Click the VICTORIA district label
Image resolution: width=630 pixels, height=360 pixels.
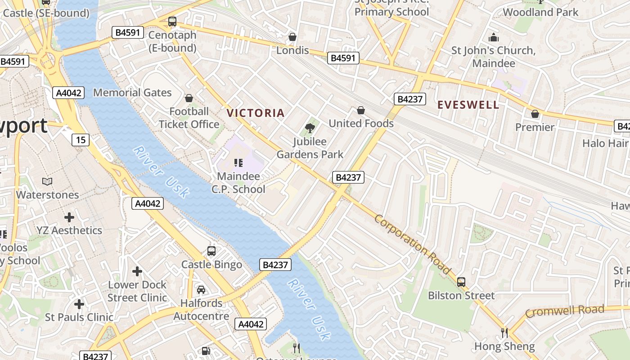[256, 113]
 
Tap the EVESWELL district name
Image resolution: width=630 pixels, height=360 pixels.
[468, 105]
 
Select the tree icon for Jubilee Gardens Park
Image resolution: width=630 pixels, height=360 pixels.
[310, 128]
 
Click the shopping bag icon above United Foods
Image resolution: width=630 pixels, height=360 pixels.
[360, 110]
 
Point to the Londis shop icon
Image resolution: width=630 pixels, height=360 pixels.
[292, 37]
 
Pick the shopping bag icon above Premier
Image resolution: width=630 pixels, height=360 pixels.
[535, 114]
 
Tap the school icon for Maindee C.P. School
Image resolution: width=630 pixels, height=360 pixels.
[238, 163]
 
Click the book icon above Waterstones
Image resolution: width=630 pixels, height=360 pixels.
[47, 181]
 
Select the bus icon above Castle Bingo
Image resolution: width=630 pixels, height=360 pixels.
[211, 251]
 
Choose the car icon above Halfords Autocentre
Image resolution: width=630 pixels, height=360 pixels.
[201, 289]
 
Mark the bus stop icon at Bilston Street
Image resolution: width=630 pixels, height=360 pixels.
[461, 282]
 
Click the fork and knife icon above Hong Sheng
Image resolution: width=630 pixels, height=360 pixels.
[504, 333]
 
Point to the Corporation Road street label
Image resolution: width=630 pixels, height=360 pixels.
[412, 244]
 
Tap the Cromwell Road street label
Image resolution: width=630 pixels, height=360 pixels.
[564, 311]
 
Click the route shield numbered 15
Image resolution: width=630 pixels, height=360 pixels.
[81, 139]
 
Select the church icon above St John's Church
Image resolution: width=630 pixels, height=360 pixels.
[494, 37]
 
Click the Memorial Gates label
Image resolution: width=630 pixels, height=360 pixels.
[132, 93]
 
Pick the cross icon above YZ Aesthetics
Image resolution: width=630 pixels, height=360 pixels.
[69, 217]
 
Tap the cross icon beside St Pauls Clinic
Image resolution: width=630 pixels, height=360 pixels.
[79, 304]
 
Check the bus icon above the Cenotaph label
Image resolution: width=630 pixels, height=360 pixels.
[172, 21]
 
